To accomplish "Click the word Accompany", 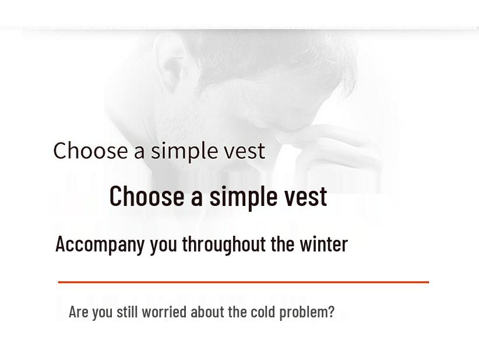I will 100,244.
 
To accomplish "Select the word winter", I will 323,244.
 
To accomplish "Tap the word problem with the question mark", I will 307,312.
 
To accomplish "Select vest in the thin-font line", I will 244,151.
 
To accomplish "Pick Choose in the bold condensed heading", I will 146,195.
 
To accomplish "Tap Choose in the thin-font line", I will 90,151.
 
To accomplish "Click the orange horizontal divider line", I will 243,282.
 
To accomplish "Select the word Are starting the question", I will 79,312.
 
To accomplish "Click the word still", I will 127,312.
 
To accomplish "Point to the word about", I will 208,312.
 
